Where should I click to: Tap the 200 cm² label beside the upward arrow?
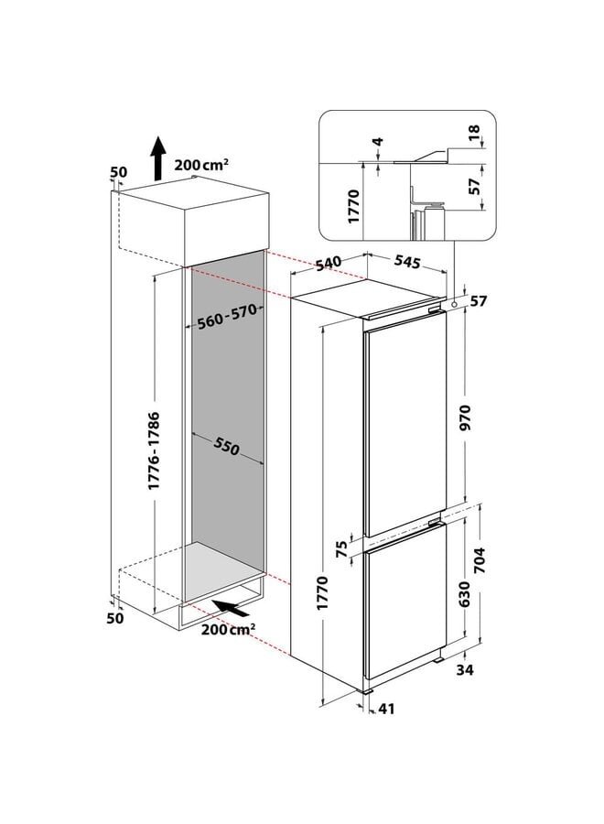point(201,165)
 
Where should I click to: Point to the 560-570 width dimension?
point(225,318)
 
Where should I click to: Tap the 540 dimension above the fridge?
point(328,262)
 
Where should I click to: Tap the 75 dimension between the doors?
point(341,549)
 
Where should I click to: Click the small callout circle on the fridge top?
point(454,300)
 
